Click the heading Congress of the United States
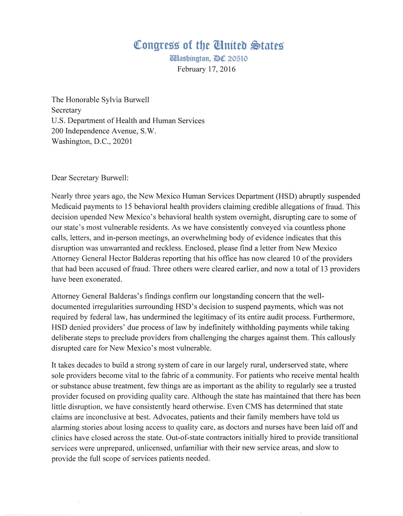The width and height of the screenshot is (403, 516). click(208, 45)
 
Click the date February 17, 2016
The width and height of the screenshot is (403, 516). click(206, 69)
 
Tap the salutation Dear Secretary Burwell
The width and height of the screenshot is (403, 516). click(90, 178)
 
